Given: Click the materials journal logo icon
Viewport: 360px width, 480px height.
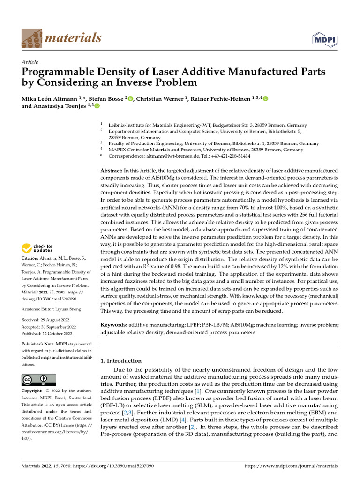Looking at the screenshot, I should [31, 38].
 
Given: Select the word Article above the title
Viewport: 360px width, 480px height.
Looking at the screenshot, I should [30, 62].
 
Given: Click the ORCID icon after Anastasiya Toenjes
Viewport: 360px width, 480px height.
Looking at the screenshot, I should [97, 106].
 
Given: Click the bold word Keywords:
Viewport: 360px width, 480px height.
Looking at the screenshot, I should [115, 325].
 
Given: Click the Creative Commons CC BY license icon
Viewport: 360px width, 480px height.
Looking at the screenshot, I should [38, 380].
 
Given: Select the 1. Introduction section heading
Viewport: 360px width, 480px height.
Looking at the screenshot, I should [121, 361].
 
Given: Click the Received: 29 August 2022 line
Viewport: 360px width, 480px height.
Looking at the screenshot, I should [47, 321].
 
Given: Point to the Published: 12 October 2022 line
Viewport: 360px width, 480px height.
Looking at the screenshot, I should [47, 334].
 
